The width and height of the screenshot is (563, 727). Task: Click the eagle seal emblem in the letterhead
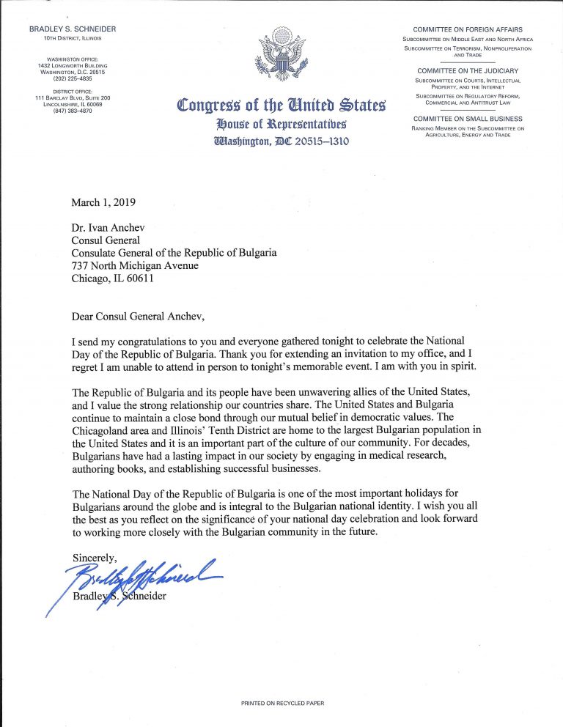281,56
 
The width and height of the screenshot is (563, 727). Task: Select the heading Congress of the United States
281,106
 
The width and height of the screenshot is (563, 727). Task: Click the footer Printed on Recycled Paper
281,703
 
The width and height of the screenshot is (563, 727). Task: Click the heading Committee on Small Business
468,119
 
